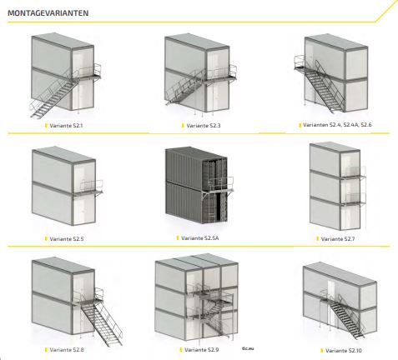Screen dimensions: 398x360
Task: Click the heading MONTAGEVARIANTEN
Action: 48,13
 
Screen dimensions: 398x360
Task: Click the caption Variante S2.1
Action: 66,126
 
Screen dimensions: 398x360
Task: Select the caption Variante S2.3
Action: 204,126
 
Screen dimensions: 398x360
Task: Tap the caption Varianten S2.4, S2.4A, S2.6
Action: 337,125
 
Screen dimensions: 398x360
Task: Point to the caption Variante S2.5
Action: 67,238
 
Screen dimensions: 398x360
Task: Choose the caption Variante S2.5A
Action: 199,238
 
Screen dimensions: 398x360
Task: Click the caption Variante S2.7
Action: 338,238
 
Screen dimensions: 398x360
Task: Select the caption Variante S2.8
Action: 67,350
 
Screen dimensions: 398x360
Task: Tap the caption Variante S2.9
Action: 201,350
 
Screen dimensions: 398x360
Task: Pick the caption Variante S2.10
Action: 344,351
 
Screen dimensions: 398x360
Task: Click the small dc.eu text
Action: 248,348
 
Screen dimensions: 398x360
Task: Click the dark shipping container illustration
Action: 199,185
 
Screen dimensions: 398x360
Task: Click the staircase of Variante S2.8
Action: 102,319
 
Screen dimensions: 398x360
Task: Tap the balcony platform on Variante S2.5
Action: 89,188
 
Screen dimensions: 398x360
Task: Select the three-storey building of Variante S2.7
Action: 338,186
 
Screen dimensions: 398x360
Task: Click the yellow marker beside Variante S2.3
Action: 183,126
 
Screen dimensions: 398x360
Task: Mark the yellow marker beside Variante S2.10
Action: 322,351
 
